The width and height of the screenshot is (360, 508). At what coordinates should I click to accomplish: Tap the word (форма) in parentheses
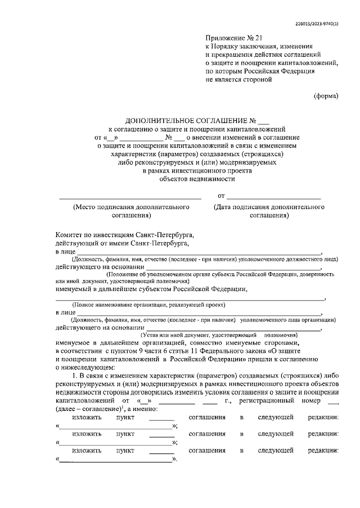[x=326, y=96]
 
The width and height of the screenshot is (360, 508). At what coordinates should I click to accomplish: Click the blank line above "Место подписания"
[x=130, y=198]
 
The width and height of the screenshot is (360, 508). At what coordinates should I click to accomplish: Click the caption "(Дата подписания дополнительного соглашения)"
[x=269, y=211]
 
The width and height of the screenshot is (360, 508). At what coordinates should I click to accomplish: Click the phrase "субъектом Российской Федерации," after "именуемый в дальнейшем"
[x=195, y=289]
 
